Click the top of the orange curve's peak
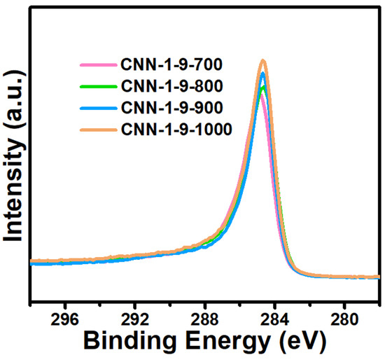pos(263,61)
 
